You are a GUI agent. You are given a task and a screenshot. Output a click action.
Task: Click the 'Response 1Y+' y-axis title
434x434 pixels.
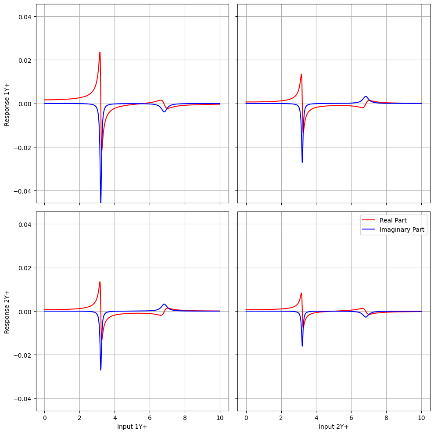(7, 104)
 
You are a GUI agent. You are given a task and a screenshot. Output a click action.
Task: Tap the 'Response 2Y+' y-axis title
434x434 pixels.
(7, 311)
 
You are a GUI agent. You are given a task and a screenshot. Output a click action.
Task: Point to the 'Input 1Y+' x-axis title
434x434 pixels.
(132, 426)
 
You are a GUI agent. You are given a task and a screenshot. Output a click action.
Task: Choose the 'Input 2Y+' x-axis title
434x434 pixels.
(334, 426)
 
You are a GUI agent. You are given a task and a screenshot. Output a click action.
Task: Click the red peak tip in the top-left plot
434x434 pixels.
(100, 52)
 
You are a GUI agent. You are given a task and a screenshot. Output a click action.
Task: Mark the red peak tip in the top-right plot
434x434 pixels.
(301, 74)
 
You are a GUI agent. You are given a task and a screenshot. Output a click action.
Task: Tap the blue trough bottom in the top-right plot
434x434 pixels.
(302, 162)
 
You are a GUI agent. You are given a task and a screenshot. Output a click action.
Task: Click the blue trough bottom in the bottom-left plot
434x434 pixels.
(100, 370)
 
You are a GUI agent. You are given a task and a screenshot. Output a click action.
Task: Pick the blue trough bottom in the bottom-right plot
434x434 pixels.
(302, 346)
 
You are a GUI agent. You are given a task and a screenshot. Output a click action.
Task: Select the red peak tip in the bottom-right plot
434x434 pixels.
(301, 293)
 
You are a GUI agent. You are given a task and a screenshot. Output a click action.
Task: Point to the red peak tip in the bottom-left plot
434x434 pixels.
(100, 282)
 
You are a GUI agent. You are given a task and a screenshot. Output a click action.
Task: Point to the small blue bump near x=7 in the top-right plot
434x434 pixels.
(366, 96)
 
